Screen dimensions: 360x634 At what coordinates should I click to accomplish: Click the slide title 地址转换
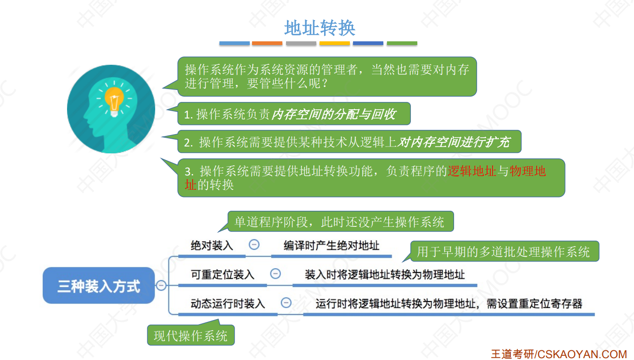[x=320, y=28]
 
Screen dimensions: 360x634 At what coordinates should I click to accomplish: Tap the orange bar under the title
[x=267, y=43]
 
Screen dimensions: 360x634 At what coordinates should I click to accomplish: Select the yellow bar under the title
[x=335, y=43]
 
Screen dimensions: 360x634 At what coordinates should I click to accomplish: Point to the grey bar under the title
[x=301, y=43]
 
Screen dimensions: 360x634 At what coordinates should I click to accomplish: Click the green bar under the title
[x=402, y=43]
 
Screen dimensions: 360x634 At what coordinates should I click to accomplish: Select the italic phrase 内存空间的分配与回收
[x=333, y=114]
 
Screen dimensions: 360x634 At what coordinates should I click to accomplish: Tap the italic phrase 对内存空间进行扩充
[x=453, y=142]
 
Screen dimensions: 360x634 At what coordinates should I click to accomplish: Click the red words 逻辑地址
[x=472, y=171]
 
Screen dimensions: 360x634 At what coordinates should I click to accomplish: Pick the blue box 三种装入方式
[x=99, y=286]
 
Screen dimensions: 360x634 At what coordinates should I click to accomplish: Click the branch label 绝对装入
[x=212, y=246]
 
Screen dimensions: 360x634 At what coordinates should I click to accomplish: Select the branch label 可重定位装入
[x=223, y=275]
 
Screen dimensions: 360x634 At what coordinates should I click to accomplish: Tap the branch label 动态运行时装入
[x=228, y=304]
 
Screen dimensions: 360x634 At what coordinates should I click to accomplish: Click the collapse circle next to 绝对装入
[x=254, y=245]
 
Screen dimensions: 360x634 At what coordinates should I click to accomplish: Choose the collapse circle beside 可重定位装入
[x=275, y=274]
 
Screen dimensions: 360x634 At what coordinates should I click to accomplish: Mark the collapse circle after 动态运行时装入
[x=286, y=303]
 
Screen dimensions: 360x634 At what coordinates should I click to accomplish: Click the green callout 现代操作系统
[x=191, y=335]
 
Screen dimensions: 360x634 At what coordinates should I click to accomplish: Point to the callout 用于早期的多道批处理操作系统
[x=504, y=252]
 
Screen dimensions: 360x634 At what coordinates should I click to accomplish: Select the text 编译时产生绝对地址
[x=331, y=246]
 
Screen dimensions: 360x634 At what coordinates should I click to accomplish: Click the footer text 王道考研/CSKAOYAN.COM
[x=558, y=354]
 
